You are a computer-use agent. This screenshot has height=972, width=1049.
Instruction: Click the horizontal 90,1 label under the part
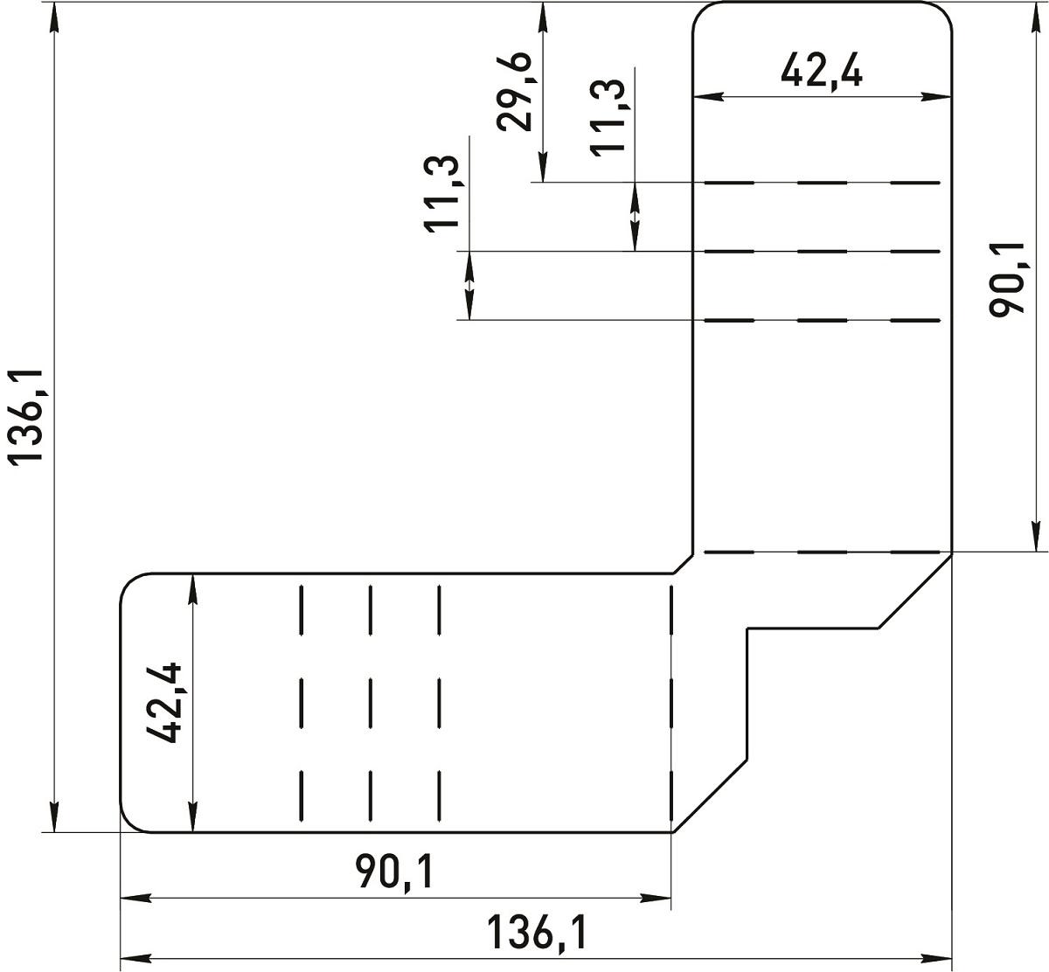tap(394, 872)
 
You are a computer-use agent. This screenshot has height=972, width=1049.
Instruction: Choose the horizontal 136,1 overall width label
tap(536, 933)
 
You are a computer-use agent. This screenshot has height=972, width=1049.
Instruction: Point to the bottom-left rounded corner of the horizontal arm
tap(129, 823)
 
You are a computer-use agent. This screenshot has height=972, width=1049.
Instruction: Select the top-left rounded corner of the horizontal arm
tap(129, 582)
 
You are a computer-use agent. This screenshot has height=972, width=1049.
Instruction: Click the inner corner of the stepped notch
tap(747, 628)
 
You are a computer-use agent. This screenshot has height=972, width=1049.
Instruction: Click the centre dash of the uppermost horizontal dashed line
tap(822, 183)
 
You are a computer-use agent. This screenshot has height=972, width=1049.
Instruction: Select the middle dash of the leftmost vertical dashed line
tap(301, 703)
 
